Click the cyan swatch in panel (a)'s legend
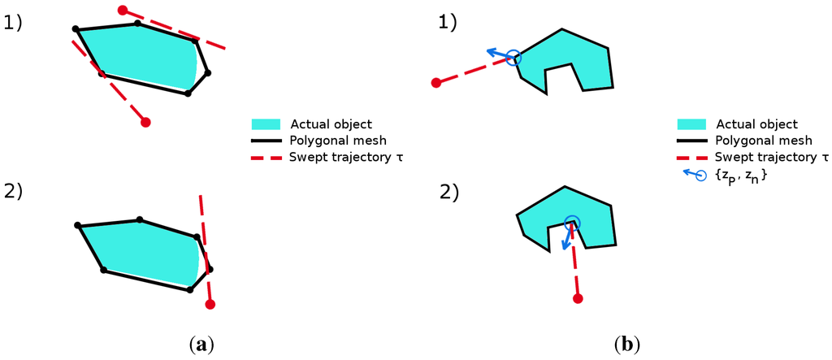coord(266,124)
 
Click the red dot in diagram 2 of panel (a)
coord(210,305)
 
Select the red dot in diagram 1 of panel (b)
coord(436,82)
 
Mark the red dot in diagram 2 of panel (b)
coord(578,299)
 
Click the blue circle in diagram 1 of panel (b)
coord(513,58)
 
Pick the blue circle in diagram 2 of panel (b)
coord(572,221)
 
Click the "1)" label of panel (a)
coord(14,24)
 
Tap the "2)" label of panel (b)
coord(449,193)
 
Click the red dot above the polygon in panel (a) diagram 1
coord(123,11)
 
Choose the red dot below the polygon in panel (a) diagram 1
coord(146,123)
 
